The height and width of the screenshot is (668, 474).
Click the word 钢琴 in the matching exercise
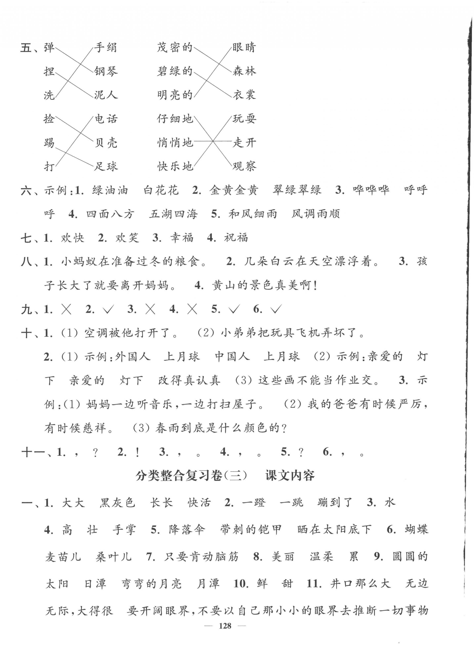[x=106, y=71]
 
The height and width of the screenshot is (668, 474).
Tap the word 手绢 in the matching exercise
[x=105, y=47]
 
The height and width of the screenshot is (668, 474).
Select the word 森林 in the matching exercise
[x=244, y=71]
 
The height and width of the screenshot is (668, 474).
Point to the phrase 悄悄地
[x=175, y=143]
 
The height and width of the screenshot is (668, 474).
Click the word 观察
[x=244, y=166]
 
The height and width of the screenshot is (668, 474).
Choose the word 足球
[x=106, y=166]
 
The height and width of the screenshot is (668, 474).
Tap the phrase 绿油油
[x=110, y=190]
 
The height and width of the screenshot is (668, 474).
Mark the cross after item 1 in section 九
[x=66, y=309]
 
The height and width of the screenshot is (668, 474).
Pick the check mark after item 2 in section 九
[x=108, y=309]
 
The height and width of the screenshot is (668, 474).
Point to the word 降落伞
[x=187, y=530]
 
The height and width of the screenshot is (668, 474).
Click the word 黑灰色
[x=117, y=502]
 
